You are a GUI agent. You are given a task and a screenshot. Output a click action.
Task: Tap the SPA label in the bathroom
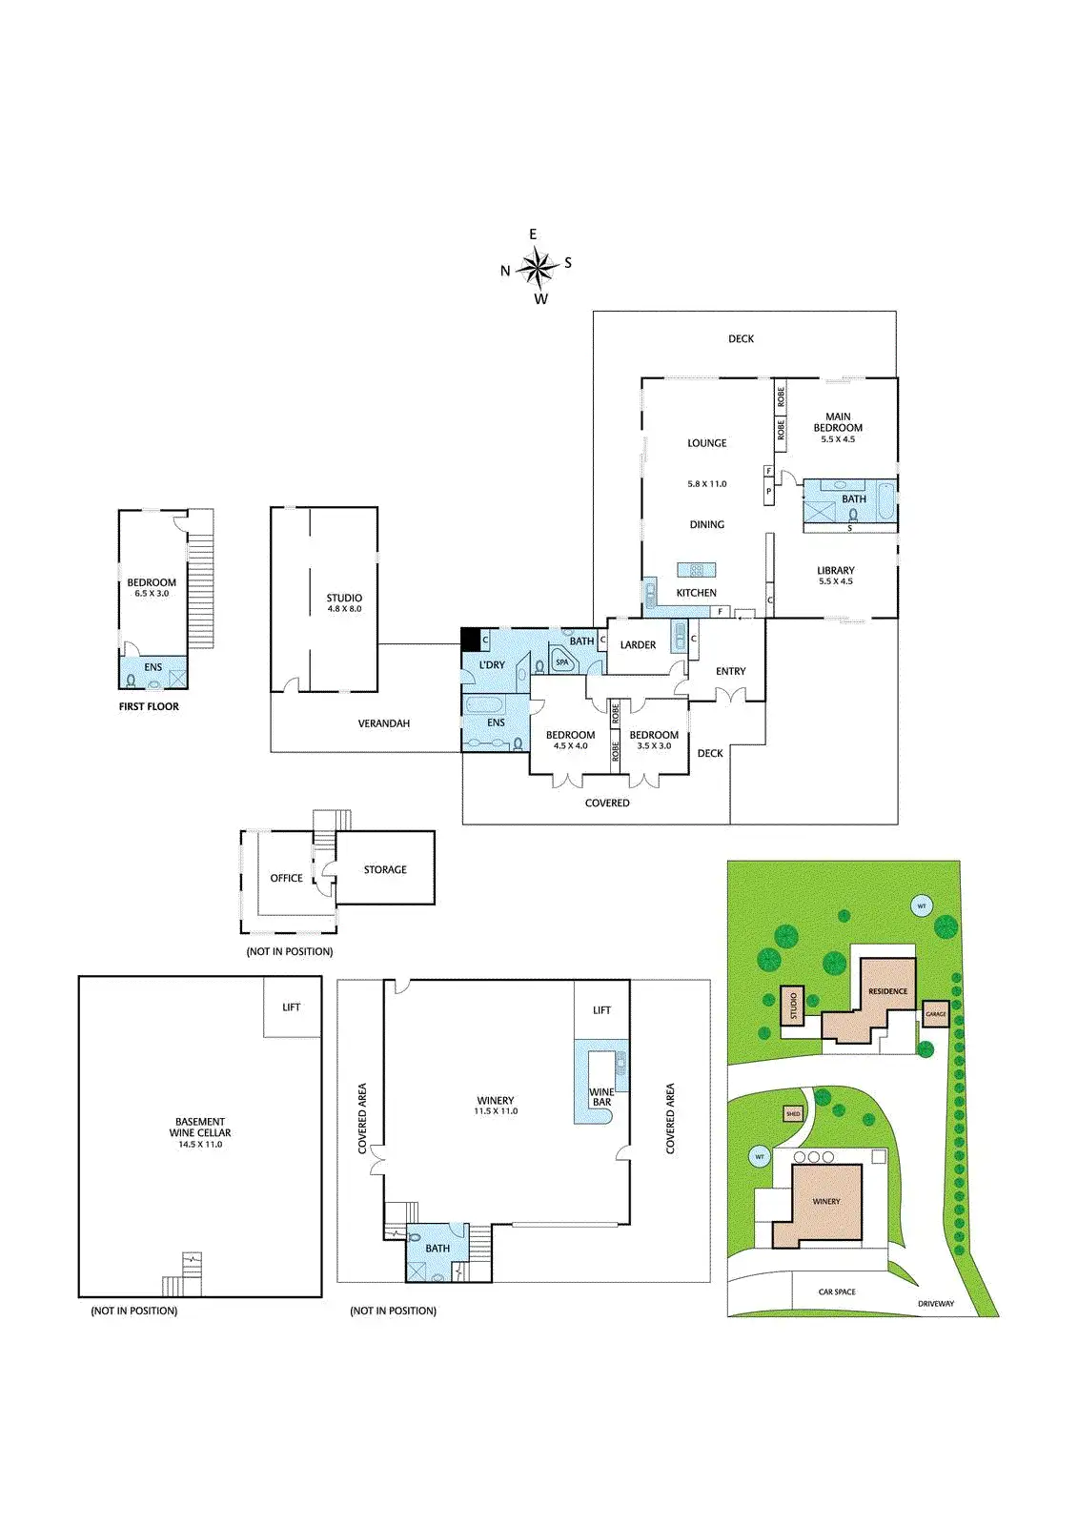click(561, 661)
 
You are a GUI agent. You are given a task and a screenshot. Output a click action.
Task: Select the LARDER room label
click(638, 644)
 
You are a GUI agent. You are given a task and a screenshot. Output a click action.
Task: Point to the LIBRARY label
click(836, 571)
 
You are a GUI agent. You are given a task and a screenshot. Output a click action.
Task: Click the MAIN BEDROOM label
click(839, 422)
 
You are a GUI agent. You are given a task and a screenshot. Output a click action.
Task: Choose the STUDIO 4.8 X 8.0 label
click(345, 603)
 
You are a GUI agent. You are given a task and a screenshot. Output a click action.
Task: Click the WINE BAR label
click(602, 1097)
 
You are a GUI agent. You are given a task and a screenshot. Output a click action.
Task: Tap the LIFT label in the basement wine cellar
click(292, 1006)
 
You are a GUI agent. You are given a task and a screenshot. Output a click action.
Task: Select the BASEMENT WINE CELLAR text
click(200, 1127)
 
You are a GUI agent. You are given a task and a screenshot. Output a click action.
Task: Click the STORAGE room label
click(385, 869)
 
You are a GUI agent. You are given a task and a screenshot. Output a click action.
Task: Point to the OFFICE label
click(287, 878)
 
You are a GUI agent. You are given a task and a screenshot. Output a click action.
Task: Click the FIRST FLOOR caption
click(149, 706)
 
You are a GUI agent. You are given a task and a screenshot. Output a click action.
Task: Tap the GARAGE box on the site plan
click(936, 1014)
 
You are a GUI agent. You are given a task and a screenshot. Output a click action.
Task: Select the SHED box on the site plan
click(793, 1114)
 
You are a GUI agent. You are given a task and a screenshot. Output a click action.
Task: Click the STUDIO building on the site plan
click(792, 1005)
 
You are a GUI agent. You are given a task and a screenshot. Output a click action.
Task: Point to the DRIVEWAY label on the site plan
click(936, 1304)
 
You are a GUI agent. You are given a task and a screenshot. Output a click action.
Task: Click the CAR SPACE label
click(837, 1291)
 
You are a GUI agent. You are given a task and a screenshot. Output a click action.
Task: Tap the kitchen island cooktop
click(697, 570)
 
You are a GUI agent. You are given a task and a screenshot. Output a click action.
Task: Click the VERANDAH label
click(384, 723)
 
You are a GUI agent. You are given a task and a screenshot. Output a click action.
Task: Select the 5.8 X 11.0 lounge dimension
click(707, 484)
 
